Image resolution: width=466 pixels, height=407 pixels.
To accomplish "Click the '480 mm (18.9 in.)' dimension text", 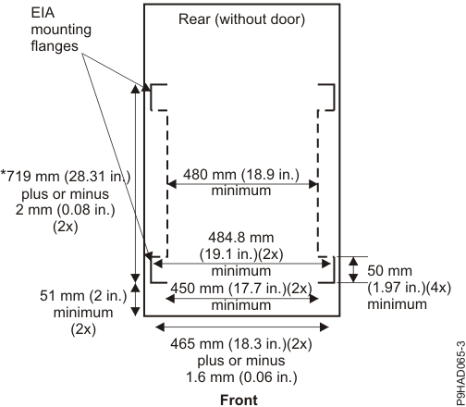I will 243,175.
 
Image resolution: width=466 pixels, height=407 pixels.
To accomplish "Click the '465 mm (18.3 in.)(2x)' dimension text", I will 241,343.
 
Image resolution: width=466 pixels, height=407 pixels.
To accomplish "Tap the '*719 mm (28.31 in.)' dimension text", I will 66,177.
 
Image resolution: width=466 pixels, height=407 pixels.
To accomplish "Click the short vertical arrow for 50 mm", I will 352,270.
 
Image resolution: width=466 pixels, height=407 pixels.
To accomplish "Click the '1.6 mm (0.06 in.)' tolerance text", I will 241,376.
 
